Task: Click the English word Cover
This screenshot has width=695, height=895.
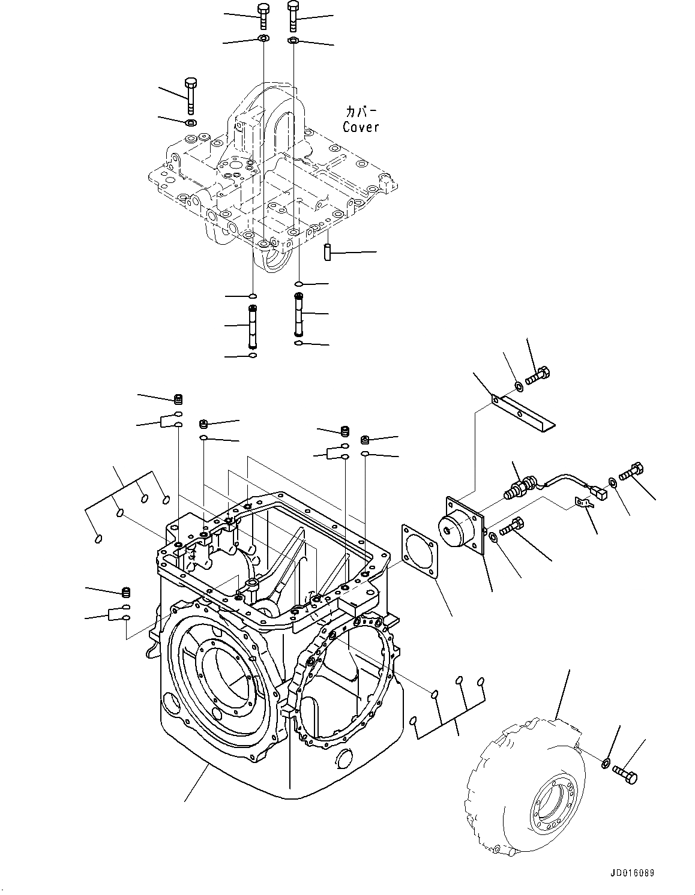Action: [361, 127]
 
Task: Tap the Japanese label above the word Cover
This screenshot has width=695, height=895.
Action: [361, 112]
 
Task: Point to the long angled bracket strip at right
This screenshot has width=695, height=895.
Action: [523, 412]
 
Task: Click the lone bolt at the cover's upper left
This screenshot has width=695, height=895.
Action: [191, 95]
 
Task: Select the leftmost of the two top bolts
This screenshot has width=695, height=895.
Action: [263, 16]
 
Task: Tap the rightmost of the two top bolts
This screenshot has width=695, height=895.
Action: [293, 16]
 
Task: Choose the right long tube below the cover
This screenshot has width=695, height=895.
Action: [298, 314]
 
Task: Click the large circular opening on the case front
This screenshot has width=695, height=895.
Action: [223, 674]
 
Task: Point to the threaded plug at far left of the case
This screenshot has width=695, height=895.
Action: [126, 593]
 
